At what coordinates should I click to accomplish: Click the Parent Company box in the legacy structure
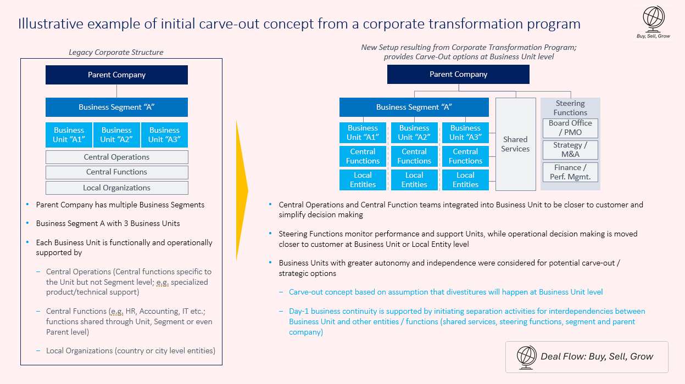(116, 75)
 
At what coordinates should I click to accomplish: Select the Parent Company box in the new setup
(458, 74)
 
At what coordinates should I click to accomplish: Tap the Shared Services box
(515, 144)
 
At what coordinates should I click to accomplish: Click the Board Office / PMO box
(570, 128)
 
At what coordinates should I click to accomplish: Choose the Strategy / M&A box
(570, 150)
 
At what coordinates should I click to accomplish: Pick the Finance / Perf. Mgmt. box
(570, 172)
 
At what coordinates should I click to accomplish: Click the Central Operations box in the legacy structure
(116, 157)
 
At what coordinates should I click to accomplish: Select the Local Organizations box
(116, 188)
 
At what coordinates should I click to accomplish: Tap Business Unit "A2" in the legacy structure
(116, 135)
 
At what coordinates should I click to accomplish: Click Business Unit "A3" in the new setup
(465, 133)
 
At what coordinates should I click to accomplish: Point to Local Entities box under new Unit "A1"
(363, 180)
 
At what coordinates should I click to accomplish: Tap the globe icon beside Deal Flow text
(527, 357)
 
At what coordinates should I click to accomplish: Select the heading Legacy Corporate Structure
(116, 53)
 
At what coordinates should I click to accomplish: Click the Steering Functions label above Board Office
(570, 108)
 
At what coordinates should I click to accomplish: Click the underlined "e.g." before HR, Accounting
(117, 311)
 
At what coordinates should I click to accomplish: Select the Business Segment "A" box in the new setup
(414, 108)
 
